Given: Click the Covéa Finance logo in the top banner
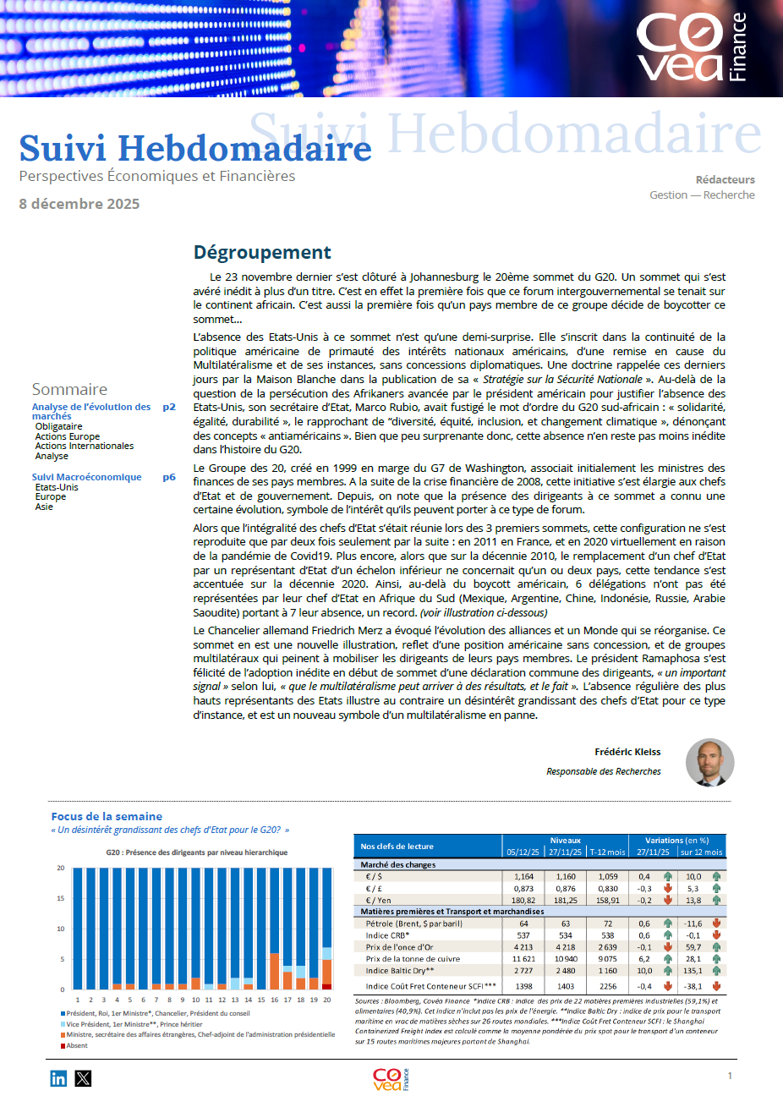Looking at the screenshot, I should pyautogui.click(x=691, y=47).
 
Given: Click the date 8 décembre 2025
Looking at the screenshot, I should pyautogui.click(x=79, y=204).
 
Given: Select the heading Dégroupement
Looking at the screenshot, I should pyautogui.click(x=262, y=252).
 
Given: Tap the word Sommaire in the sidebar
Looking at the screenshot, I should pyautogui.click(x=69, y=389).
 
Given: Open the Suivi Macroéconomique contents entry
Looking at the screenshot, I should pyautogui.click(x=87, y=477).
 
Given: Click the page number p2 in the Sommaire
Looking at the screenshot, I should pyautogui.click(x=169, y=407).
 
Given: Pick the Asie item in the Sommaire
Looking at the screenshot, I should pyautogui.click(x=44, y=507).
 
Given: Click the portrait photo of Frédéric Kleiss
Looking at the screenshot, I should pyautogui.click(x=709, y=762).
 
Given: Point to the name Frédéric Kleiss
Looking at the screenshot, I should pyautogui.click(x=627, y=752).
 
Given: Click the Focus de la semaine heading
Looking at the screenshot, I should pyautogui.click(x=107, y=816).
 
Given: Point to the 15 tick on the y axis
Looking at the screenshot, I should pyautogui.click(x=61, y=898).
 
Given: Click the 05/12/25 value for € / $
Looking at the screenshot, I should pyautogui.click(x=523, y=877).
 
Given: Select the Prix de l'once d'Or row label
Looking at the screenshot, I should pyautogui.click(x=399, y=947).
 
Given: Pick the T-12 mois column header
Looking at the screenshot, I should pyautogui.click(x=607, y=852).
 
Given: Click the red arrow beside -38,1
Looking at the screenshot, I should pyautogui.click(x=716, y=986).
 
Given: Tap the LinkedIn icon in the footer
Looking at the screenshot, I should pyautogui.click(x=58, y=1078).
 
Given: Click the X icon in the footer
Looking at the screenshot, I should pyautogui.click(x=83, y=1078).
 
